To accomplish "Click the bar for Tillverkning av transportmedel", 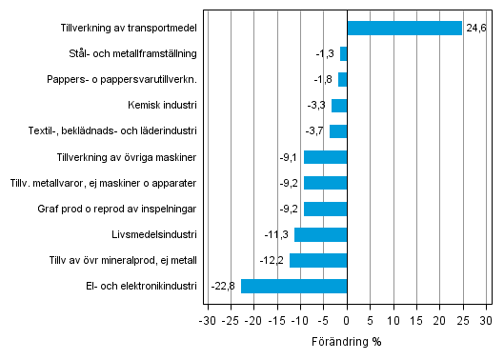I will click(x=404, y=29).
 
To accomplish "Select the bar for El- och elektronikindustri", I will click(x=294, y=286).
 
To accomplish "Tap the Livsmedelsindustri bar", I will click(x=321, y=234).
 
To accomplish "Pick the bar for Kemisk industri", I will click(x=339, y=106).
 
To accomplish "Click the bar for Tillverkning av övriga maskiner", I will click(x=326, y=157).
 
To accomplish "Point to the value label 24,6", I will click(x=474, y=29).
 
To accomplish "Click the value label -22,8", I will click(x=223, y=286).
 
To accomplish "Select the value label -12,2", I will click(x=272, y=260).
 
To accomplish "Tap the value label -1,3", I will click(x=326, y=54).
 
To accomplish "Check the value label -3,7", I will click(x=315, y=131).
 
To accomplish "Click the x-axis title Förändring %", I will click(x=347, y=341).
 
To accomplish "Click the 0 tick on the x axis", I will click(x=348, y=321).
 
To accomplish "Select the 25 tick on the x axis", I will click(x=463, y=321).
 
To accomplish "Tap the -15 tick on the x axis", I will click(x=276, y=321).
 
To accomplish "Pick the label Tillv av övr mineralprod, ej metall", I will click(x=123, y=260).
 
